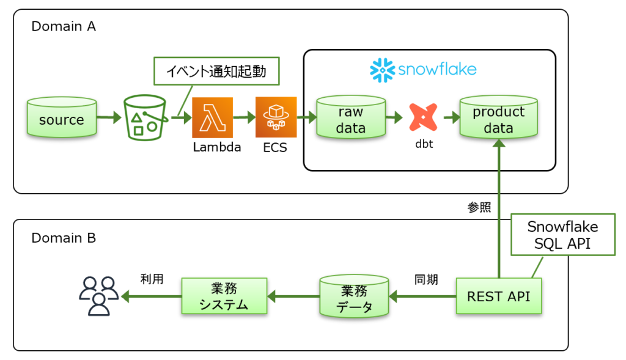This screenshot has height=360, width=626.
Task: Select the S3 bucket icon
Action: coord(144,117)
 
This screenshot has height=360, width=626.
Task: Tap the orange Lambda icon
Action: coord(212,117)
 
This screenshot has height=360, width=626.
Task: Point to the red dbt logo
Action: coord(423,117)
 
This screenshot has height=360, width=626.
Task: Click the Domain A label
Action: coord(64,26)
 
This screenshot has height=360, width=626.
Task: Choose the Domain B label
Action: coord(64,238)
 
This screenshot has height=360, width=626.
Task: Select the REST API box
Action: coord(498,296)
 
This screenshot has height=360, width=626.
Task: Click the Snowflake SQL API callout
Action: coord(562,236)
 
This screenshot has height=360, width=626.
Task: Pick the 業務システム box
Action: coord(224,296)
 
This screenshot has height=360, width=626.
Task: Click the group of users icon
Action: coord(98,296)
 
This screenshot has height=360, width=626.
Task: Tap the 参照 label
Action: coord(479,207)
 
